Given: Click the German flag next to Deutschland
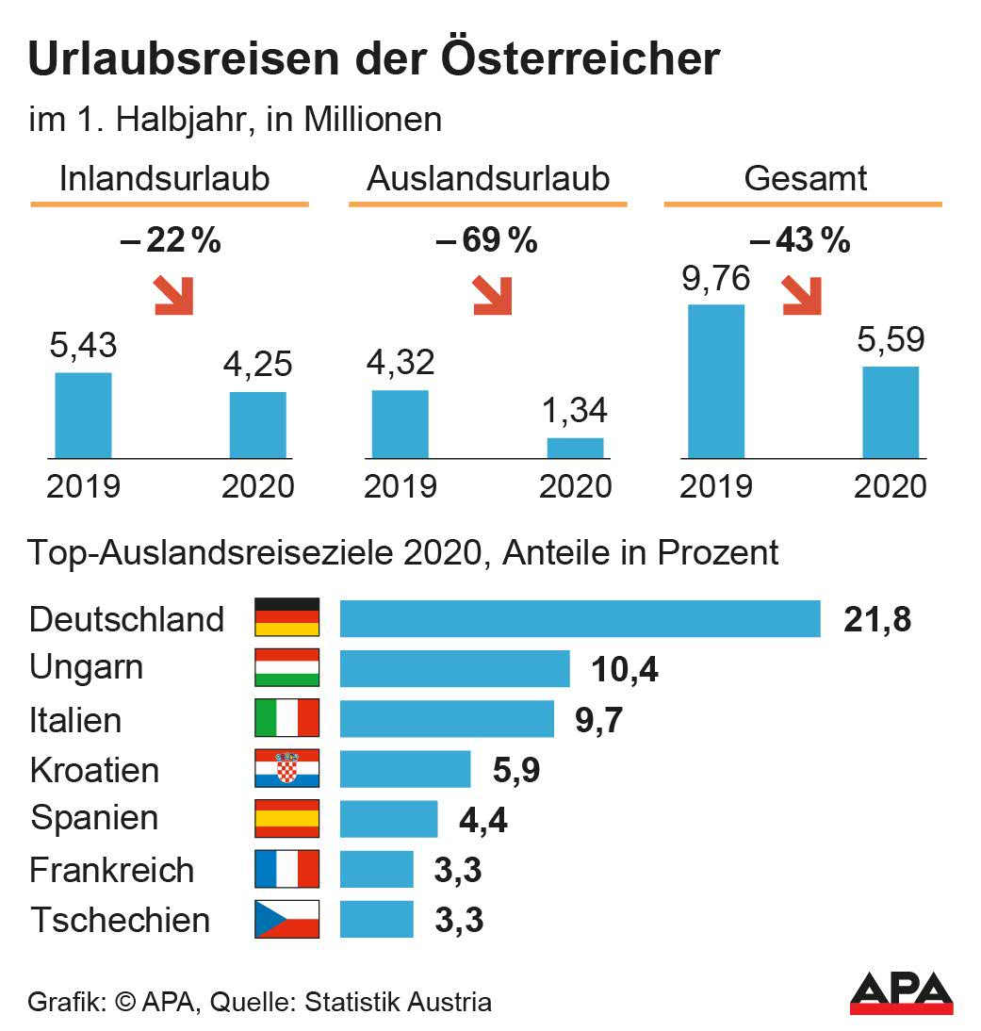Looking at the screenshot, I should pyautogui.click(x=287, y=617).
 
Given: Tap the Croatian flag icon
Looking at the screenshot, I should pyautogui.click(x=287, y=768).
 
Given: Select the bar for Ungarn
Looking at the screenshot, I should pyautogui.click(x=454, y=668).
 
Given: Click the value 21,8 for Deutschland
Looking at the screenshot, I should pyautogui.click(x=877, y=619).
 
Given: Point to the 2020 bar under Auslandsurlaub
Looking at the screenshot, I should pyautogui.click(x=575, y=448).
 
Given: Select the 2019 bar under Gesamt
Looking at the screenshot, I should pyautogui.click(x=716, y=381).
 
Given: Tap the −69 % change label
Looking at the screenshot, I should pyautogui.click(x=486, y=241).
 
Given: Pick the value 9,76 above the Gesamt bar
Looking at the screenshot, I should pyautogui.click(x=716, y=280).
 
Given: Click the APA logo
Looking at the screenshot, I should pyautogui.click(x=901, y=993).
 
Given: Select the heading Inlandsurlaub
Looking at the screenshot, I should pyautogui.click(x=165, y=179).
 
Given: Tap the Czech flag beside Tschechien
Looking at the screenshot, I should pyautogui.click(x=287, y=919).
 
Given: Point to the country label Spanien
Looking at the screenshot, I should pyautogui.click(x=94, y=817).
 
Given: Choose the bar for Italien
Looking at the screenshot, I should pyautogui.click(x=447, y=718).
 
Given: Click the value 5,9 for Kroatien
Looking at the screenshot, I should pyautogui.click(x=516, y=770).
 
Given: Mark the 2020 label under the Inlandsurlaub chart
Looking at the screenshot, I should pyautogui.click(x=257, y=486).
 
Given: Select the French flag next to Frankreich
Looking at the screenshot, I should pyautogui.click(x=287, y=869).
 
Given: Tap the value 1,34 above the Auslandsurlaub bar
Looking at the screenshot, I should pyautogui.click(x=575, y=411).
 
